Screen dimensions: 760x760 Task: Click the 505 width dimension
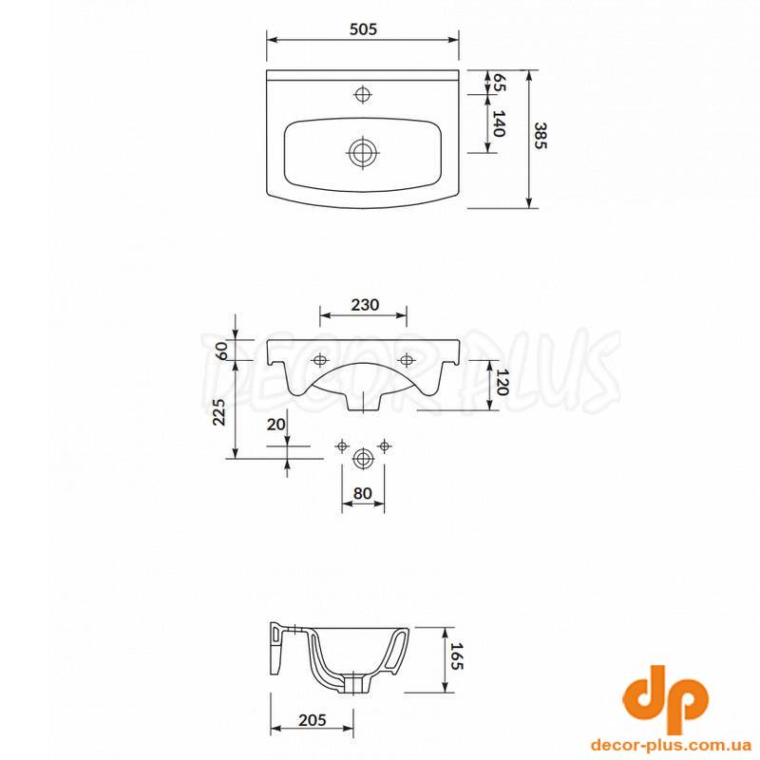pyautogui.click(x=363, y=29)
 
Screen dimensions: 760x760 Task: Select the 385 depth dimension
pyautogui.click(x=540, y=135)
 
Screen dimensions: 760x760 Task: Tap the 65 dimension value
pyautogui.click(x=499, y=83)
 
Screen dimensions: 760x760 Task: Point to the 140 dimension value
pyautogui.click(x=499, y=123)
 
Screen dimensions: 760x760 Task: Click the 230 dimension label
pyautogui.click(x=365, y=304)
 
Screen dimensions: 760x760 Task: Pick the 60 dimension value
pyautogui.click(x=221, y=350)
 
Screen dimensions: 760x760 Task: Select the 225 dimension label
pyautogui.click(x=219, y=412)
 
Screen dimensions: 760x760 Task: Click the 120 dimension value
pyautogui.click(x=502, y=383)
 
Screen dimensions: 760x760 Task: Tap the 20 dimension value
pyautogui.click(x=276, y=424)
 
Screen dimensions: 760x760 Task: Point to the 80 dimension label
pyautogui.click(x=363, y=493)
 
